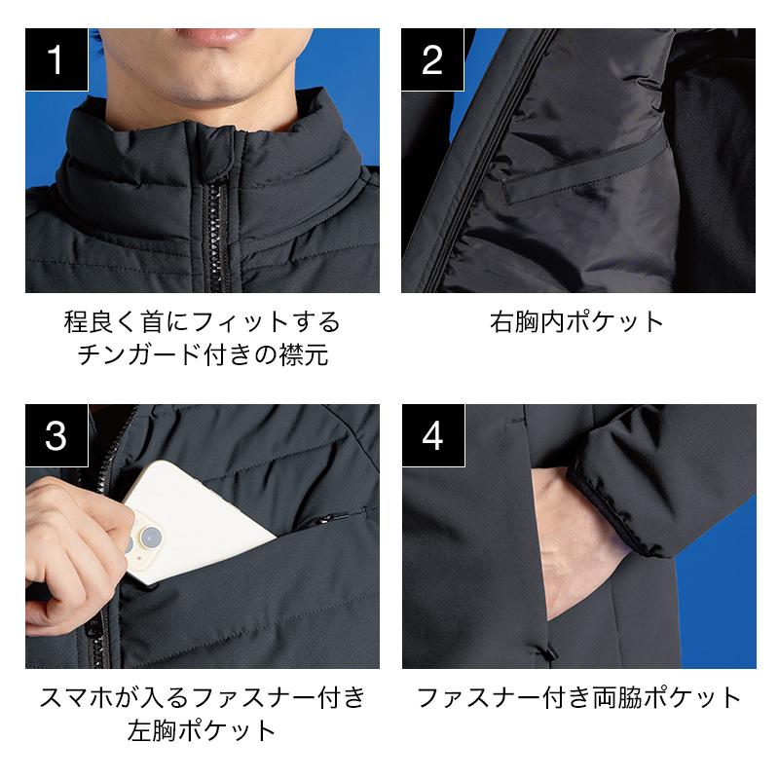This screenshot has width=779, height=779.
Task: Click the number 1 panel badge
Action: pyautogui.click(x=56, y=59)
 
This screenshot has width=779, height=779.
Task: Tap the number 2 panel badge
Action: pyautogui.click(x=432, y=59)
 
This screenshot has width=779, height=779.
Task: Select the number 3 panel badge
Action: pyautogui.click(x=56, y=435)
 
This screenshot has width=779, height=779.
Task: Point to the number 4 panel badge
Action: pyautogui.click(x=433, y=435)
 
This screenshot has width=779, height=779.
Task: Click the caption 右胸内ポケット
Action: pyautogui.click(x=576, y=322)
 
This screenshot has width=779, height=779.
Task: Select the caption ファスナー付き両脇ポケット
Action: pyautogui.click(x=578, y=697)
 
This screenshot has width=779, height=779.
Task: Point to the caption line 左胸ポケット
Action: pyautogui.click(x=202, y=731)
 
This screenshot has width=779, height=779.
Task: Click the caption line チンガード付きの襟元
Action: pyautogui.click(x=203, y=354)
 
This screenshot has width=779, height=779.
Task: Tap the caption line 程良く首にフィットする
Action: pyautogui.click(x=203, y=322)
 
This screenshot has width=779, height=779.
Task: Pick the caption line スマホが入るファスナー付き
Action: pyautogui.click(x=203, y=697)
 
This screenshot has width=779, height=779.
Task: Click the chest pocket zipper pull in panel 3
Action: pyautogui.click(x=323, y=520)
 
